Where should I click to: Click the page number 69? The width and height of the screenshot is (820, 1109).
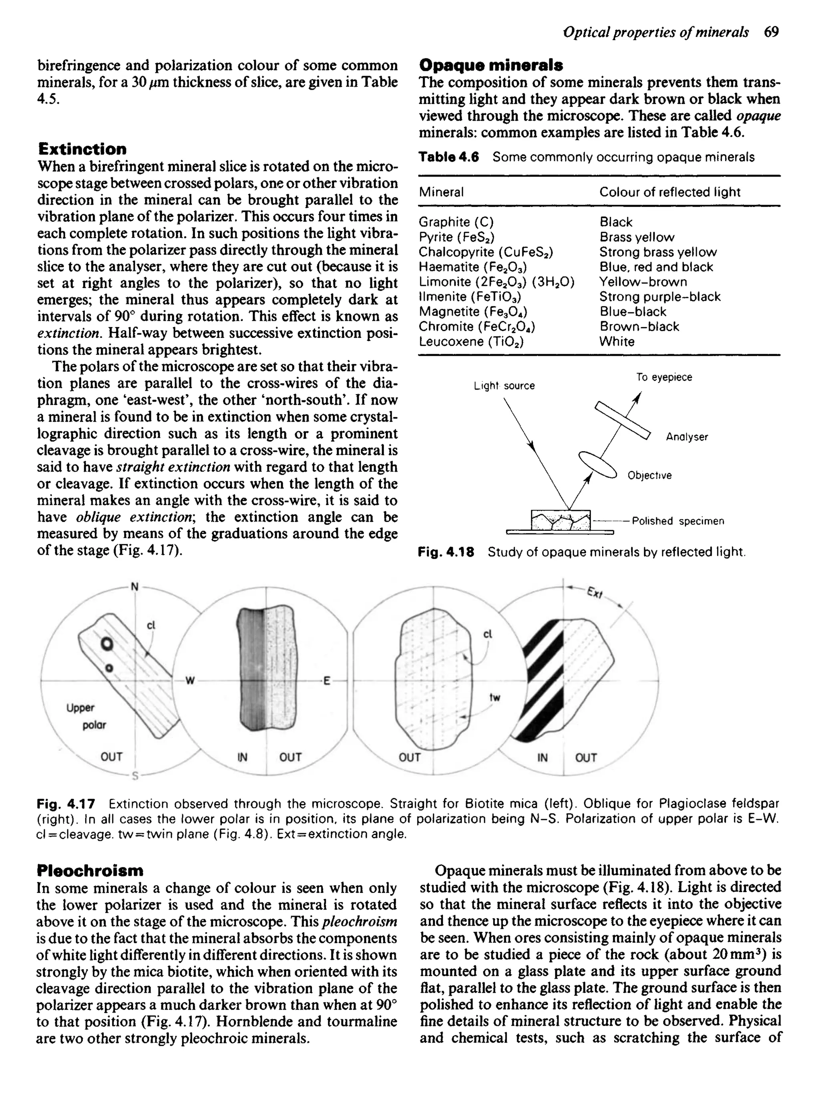[x=772, y=32]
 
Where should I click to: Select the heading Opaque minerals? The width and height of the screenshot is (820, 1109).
[x=491, y=65]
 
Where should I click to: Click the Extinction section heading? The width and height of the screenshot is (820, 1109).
[x=82, y=149]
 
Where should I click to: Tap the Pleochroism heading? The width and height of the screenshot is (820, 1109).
[x=90, y=870]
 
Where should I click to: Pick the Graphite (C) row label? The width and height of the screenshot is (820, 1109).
[x=456, y=222]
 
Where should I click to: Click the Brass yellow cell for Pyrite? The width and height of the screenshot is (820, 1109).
[x=637, y=237]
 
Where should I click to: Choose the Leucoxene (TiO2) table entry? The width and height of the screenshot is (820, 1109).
[x=471, y=342]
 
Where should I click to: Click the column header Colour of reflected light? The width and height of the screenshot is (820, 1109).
[x=669, y=192]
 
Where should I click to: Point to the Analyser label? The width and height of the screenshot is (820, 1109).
[x=687, y=437]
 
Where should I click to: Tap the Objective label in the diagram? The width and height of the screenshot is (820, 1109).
[x=649, y=475]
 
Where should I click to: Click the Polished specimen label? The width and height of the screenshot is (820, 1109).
[x=677, y=521]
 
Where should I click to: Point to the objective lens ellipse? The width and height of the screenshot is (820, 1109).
[x=598, y=464]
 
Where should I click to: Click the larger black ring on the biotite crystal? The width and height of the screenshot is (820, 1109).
[x=106, y=645]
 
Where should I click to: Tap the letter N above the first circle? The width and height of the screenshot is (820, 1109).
[x=134, y=587]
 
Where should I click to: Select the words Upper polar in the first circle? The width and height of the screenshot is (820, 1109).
[x=86, y=716]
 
